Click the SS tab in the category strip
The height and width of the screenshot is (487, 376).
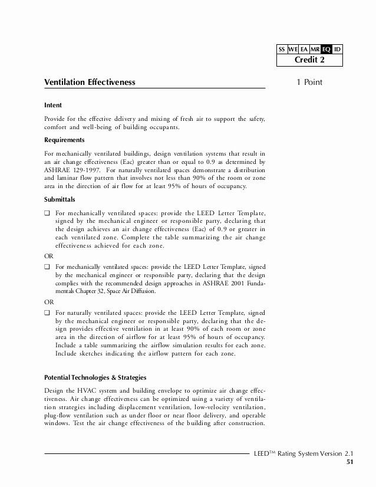click(282, 50)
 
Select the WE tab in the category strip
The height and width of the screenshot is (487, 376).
click(293, 50)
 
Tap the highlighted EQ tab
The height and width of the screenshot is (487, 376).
click(326, 50)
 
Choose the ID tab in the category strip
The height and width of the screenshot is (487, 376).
click(337, 50)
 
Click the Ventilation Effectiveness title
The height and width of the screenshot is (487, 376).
click(90, 83)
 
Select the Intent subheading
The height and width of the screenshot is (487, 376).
click(54, 106)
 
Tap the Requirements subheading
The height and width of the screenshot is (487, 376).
click(64, 140)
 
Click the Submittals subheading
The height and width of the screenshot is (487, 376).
click(61, 199)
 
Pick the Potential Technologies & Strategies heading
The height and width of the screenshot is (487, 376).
click(95, 377)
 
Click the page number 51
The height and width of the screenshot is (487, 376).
click(349, 462)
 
